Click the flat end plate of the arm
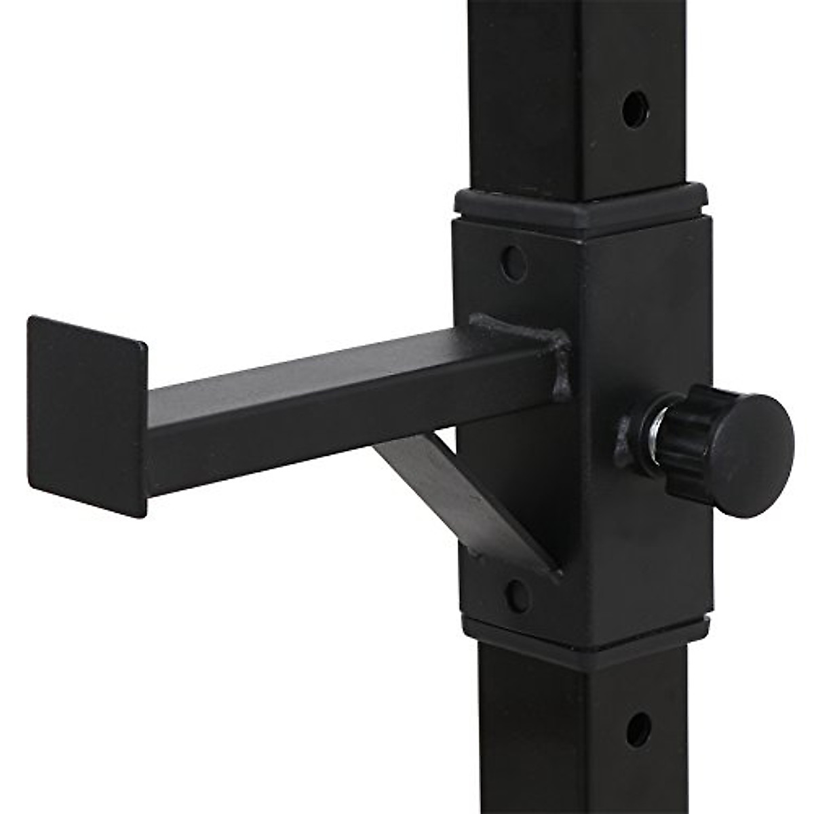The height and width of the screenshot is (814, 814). coord(87,415)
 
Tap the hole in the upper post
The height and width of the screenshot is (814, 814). coord(634,109)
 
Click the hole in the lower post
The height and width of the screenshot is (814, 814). coord(638,729)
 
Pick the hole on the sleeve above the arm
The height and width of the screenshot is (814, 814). coord(513,263)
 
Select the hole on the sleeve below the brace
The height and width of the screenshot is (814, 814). coord(517,596)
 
